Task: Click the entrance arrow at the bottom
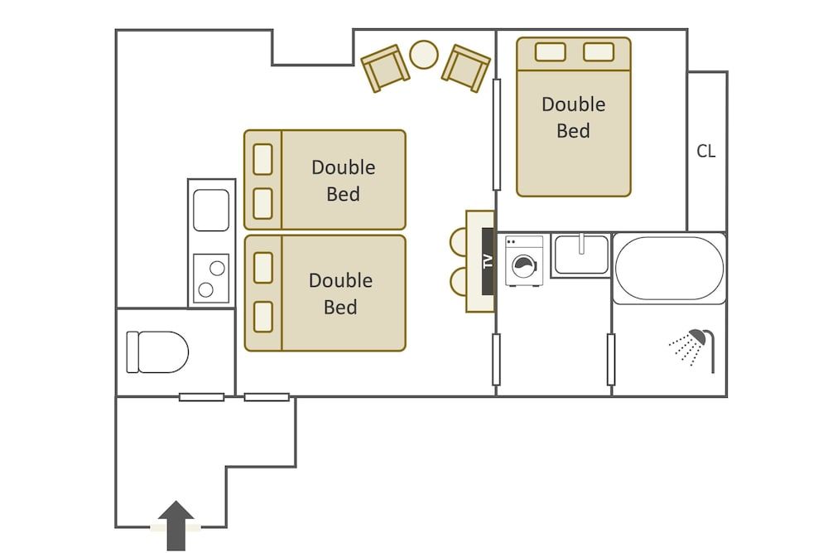[175, 524]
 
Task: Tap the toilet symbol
[157, 352]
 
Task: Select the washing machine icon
[524, 262]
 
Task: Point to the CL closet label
[705, 152]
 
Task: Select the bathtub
[668, 269]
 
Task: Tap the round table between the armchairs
[425, 55]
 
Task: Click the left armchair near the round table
[384, 68]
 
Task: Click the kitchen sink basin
[211, 211]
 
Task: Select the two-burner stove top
[210, 278]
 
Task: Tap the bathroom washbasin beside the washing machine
[580, 254]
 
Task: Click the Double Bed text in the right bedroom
[573, 118]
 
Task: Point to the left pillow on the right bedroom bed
[550, 51]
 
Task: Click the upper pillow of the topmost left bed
[262, 159]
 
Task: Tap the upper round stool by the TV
[458, 240]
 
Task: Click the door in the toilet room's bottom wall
[201, 397]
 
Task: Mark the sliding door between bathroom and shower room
[611, 359]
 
